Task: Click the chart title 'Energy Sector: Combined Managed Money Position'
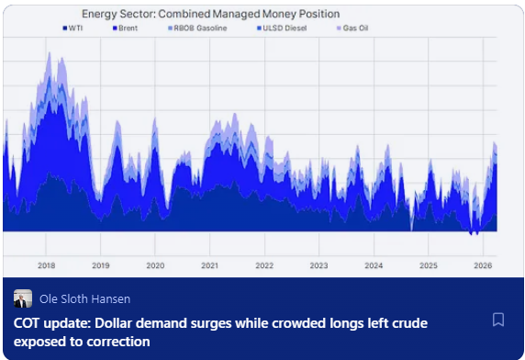click(x=210, y=14)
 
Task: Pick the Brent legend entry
click(x=125, y=28)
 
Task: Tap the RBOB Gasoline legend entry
click(x=196, y=28)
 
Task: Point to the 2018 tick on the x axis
click(x=46, y=265)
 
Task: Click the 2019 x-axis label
click(x=101, y=265)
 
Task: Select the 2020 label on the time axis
click(x=155, y=265)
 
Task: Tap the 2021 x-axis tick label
click(x=209, y=265)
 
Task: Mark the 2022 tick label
click(x=264, y=265)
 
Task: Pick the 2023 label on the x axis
click(x=318, y=265)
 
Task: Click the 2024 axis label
click(x=374, y=265)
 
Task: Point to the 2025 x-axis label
click(x=428, y=265)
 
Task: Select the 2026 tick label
click(x=482, y=265)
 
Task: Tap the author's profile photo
click(x=23, y=298)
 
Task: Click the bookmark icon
click(x=498, y=320)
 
